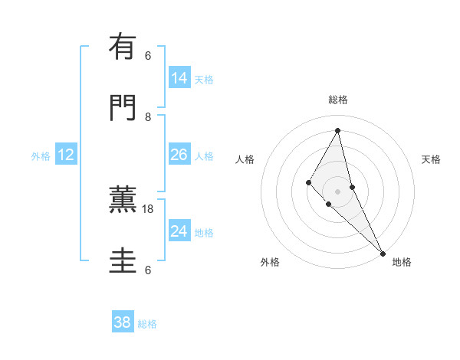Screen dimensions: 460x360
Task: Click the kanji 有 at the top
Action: [123, 48]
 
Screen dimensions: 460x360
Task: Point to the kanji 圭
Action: [123, 261]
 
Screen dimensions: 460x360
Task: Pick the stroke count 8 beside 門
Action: [148, 117]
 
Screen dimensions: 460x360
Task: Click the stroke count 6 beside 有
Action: [148, 56]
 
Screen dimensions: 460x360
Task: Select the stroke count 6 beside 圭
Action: [148, 270]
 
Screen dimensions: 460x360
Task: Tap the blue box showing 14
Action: [179, 78]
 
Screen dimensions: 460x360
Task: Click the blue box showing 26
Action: [179, 155]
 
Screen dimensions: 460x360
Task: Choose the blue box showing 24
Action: [179, 231]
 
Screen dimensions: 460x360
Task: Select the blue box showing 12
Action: [66, 155]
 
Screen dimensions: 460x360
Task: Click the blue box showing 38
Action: [123, 322]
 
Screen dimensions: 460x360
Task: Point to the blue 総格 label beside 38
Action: [148, 324]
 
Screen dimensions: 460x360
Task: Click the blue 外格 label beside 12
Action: [41, 156]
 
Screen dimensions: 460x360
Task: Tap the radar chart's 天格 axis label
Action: [431, 159]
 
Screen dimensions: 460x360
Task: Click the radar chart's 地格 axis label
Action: [402, 262]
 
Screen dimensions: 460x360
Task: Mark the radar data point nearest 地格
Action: [383, 252]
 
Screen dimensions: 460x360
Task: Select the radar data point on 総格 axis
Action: [337, 129]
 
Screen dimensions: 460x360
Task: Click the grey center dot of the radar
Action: [337, 191]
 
